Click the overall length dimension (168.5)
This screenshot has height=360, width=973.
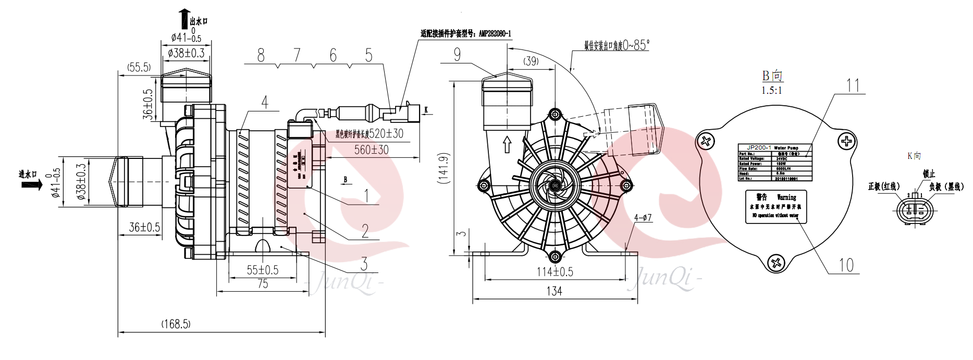[x=176, y=324]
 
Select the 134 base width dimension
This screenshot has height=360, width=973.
[x=554, y=291]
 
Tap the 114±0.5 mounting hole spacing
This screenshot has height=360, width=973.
[x=555, y=271]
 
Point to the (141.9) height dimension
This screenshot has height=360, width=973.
[x=444, y=168]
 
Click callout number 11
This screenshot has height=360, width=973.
[x=853, y=85]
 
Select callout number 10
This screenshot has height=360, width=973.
[x=846, y=265]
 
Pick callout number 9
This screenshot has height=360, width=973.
[x=457, y=55]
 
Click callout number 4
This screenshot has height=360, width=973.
[x=265, y=102]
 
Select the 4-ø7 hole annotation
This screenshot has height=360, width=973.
[x=643, y=218]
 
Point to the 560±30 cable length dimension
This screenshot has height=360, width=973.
[x=371, y=150]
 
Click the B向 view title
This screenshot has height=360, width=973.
[x=772, y=76]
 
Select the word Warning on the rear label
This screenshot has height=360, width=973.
[x=786, y=197]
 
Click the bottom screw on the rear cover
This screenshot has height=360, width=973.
[x=776, y=262]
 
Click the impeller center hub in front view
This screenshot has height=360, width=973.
[x=555, y=185]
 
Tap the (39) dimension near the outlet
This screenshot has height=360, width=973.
[x=531, y=61]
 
